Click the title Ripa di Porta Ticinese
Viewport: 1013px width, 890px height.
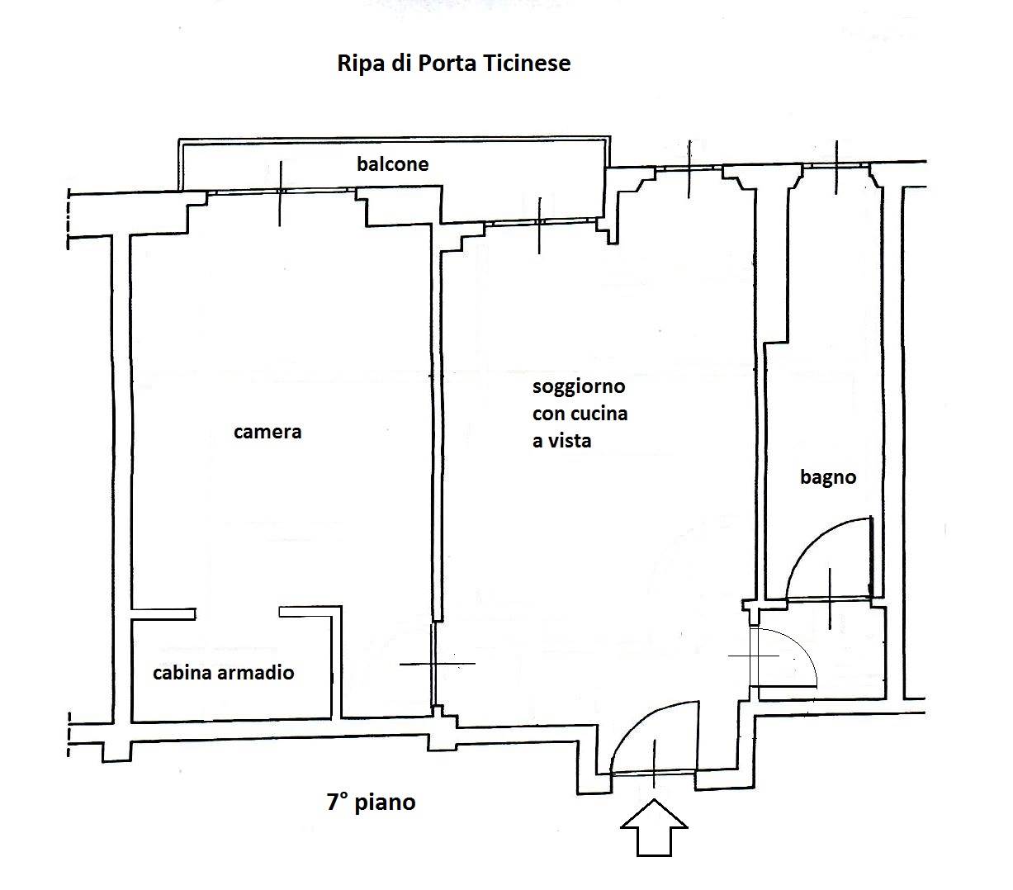[453, 64]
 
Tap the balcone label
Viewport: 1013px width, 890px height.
[392, 164]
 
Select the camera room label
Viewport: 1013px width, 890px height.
[267, 432]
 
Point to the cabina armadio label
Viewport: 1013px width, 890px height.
[223, 673]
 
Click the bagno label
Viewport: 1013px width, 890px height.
[828, 477]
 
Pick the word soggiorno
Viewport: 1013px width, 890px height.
[579, 386]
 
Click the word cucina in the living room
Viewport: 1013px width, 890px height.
[600, 414]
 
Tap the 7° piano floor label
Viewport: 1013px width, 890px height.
[371, 802]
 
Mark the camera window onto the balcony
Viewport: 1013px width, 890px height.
[281, 192]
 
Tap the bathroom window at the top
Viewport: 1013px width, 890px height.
[836, 167]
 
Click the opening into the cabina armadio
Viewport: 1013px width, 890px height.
[237, 613]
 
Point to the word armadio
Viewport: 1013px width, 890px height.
[257, 673]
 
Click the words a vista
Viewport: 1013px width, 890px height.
[561, 441]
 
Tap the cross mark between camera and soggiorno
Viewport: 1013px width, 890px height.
[435, 664]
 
